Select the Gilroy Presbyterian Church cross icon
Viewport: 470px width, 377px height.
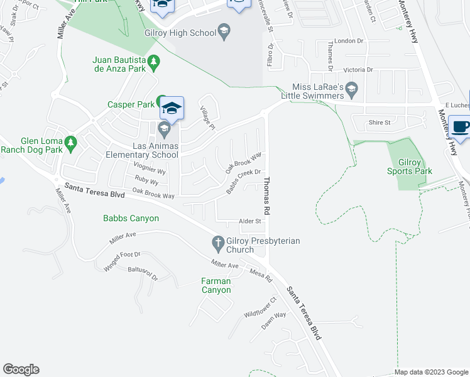pyautogui.click(x=218, y=242)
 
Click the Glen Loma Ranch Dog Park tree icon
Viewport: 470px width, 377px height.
pyautogui.click(x=71, y=143)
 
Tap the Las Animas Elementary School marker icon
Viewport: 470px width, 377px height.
pyautogui.click(x=164, y=130)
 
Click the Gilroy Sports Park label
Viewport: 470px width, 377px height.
pyautogui.click(x=410, y=167)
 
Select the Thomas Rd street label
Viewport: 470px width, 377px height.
pyautogui.click(x=267, y=196)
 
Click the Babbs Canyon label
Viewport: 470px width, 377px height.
pyautogui.click(x=131, y=219)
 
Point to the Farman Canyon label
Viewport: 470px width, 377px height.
pyautogui.click(x=216, y=285)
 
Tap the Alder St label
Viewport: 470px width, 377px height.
pyautogui.click(x=249, y=221)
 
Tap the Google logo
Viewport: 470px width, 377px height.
pyautogui.click(x=21, y=369)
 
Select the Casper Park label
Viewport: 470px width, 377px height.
pyautogui.click(x=131, y=104)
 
